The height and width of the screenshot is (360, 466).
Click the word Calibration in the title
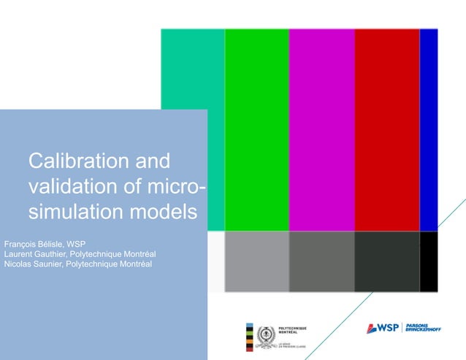[x=72, y=161]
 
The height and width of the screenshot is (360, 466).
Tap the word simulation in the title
[x=72, y=212]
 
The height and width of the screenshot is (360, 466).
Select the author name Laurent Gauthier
[x=35, y=253]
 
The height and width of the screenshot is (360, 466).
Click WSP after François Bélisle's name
[x=77, y=242]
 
